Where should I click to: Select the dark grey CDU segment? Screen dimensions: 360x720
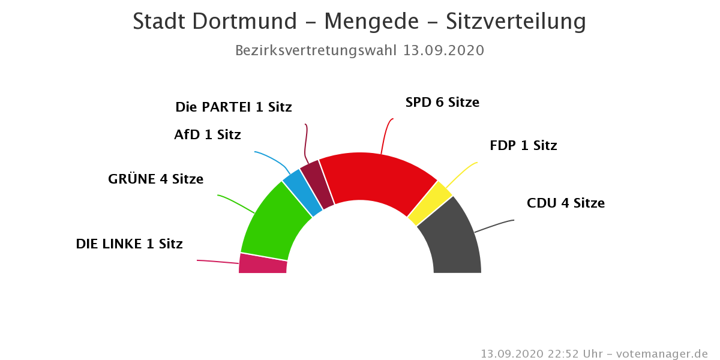[453, 240]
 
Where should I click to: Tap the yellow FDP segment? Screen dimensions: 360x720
[430, 203]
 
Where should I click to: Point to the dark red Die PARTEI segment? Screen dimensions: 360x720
[317, 184]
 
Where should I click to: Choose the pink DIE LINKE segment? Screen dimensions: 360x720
[263, 264]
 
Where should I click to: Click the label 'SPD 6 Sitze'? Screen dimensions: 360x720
[442, 103]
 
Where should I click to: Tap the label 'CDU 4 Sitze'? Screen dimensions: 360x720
[565, 203]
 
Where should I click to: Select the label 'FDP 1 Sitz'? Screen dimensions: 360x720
[523, 146]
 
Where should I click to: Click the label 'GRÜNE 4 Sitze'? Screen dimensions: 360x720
[155, 179]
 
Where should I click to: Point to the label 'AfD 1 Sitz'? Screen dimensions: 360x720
[207, 135]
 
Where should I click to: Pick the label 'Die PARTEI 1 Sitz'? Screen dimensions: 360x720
[233, 107]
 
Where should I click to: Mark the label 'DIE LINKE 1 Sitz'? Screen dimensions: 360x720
[129, 244]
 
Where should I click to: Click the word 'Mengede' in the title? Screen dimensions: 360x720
[371, 22]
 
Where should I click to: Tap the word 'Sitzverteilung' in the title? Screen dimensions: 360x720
[515, 22]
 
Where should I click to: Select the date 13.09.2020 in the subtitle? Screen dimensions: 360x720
[443, 50]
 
